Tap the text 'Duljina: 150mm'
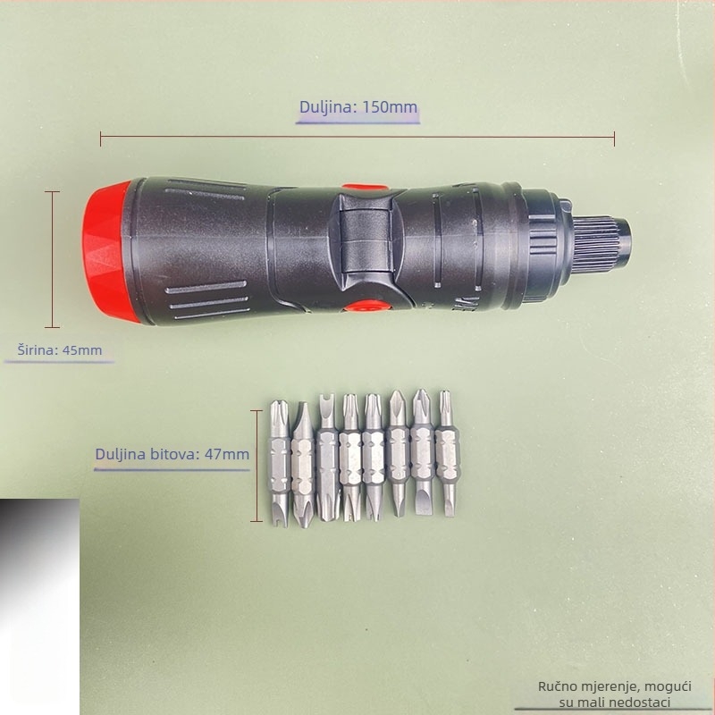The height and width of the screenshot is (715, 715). point(358,107)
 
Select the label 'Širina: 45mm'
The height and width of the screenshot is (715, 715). point(60,350)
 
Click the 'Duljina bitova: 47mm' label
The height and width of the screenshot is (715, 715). point(172,454)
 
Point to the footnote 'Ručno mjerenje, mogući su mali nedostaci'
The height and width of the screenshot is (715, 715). point(614,694)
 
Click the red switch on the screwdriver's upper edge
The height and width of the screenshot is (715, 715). point(363,187)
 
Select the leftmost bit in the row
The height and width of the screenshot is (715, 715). point(279,463)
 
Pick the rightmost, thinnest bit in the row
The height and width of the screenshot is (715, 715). point(447,453)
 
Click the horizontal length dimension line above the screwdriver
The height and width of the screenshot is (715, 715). point(357,137)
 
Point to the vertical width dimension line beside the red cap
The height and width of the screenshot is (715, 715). point(53,259)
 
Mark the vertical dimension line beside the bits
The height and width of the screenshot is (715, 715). point(257,466)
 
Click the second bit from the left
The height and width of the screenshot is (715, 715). point(303,465)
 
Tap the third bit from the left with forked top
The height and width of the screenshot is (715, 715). point(327,458)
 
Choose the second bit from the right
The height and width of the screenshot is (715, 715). point(422,452)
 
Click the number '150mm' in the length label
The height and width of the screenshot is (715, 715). point(390,107)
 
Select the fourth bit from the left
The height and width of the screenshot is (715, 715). point(350,458)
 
